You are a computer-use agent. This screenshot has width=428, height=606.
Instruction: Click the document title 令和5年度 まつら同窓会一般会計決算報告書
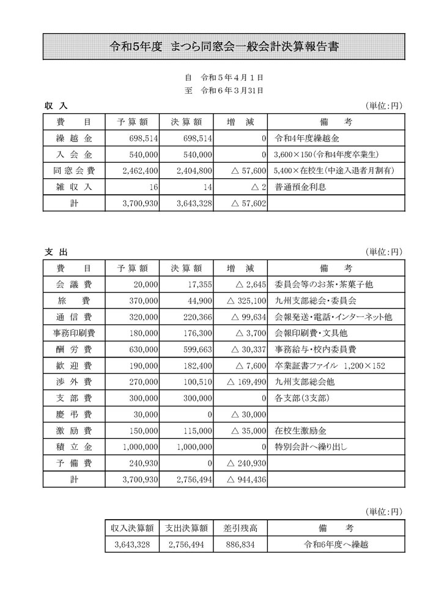tap(224, 47)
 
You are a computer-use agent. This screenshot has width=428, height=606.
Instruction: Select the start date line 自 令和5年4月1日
tap(224, 78)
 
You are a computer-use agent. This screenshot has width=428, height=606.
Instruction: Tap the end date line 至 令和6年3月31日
tap(224, 91)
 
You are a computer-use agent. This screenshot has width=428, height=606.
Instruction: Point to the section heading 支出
tap(56, 252)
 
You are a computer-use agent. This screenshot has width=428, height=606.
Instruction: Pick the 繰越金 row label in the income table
tap(74, 138)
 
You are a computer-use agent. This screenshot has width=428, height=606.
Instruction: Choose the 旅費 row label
tap(74, 301)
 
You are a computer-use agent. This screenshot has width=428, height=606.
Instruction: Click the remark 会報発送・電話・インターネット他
tap(333, 316)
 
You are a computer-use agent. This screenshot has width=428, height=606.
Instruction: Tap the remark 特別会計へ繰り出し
tap(312, 446)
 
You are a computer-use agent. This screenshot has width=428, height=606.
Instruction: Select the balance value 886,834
tap(240, 544)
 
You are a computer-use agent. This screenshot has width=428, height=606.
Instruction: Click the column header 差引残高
tap(240, 528)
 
